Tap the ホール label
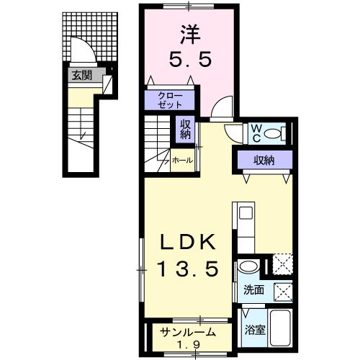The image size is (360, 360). [x=181, y=161]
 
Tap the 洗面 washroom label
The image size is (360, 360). [x=253, y=291]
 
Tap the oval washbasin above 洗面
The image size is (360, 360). [x=246, y=267]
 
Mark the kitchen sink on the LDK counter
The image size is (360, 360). [x=245, y=214]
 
